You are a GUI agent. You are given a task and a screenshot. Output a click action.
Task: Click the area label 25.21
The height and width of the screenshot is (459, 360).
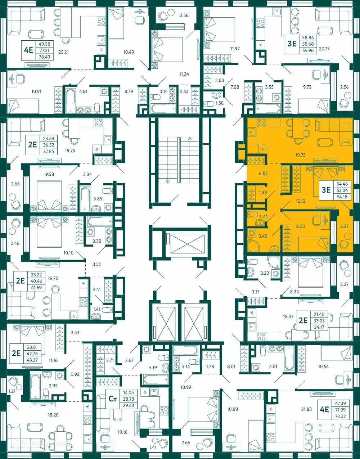coord(63,52)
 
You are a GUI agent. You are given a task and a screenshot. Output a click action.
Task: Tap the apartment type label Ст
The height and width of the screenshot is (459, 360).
coord(113,399)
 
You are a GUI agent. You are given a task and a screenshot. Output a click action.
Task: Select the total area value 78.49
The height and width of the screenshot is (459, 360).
coord(45,57)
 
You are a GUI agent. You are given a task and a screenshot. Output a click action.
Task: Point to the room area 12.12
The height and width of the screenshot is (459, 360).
coord(300,201)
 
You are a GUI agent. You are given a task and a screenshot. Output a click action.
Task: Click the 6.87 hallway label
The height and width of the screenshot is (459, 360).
coord(263,173)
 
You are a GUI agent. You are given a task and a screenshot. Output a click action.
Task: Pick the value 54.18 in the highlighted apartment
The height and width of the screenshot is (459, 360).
coord(342,197)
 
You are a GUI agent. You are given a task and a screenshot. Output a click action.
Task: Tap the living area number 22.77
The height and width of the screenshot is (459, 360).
coord(324,49)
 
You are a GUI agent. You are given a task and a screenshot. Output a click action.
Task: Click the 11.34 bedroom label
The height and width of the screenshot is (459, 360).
coord(184,74)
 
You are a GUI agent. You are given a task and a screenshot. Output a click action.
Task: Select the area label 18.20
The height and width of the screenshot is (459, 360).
coord(53,415)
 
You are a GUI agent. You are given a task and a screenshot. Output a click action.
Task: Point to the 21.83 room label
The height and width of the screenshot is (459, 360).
coord(306,409)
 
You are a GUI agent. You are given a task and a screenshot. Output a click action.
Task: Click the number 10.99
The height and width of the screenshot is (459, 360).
coord(186,387)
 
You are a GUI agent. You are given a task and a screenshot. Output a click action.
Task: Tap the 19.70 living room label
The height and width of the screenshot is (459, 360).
coord(53,278)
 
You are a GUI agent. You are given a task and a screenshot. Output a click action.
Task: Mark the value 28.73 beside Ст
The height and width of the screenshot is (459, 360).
coord(128,399)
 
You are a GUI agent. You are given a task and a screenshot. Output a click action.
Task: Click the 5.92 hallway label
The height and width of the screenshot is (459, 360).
coord(75,374)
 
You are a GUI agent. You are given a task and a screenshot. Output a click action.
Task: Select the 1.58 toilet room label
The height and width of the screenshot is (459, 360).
coord(219,103)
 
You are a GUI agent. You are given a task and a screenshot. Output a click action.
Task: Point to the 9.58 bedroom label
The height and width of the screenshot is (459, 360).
coord(49,174)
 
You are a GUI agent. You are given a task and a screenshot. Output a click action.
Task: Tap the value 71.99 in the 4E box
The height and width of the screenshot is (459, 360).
coord(340,410)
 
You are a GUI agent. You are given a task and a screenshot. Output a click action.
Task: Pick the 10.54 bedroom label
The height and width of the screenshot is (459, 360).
coord(323,366)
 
